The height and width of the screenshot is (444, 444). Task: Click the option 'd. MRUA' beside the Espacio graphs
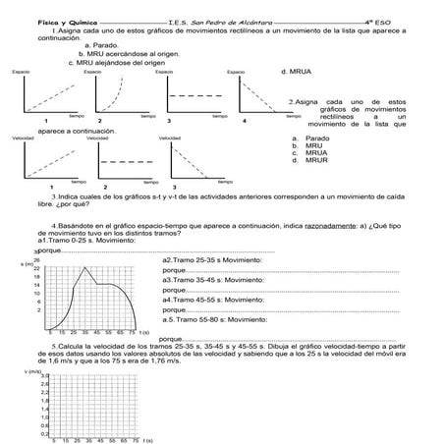click(x=296, y=72)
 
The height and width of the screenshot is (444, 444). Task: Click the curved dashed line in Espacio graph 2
click(x=113, y=93)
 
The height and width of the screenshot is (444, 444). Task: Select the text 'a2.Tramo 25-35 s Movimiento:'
click(x=211, y=259)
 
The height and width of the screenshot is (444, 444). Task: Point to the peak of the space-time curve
click(x=87, y=267)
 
